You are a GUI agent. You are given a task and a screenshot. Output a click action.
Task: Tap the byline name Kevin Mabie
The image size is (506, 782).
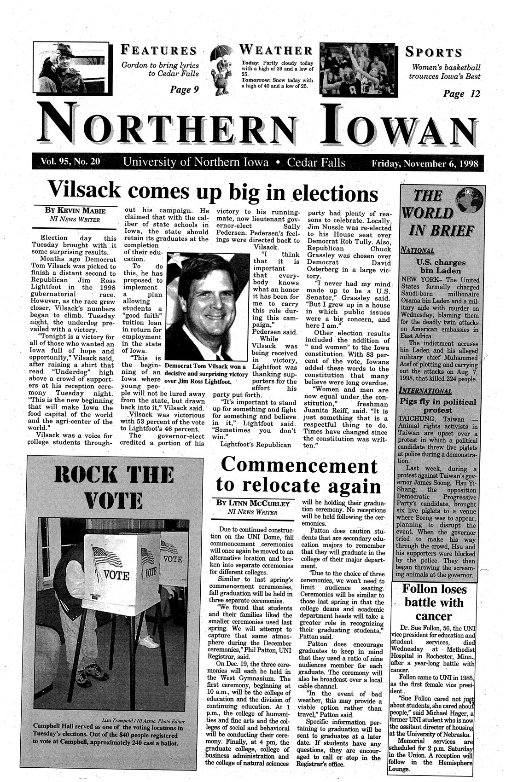[75, 211]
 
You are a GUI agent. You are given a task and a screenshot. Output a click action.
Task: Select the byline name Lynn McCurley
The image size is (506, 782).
[253, 503]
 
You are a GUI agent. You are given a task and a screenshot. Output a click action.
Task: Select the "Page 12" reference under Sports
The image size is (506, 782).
[461, 94]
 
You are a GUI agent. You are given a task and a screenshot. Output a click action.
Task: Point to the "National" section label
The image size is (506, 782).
[419, 251]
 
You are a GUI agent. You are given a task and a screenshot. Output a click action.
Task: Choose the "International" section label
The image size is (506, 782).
[426, 391]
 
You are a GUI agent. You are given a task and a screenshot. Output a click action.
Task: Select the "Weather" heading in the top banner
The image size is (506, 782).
[276, 50]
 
